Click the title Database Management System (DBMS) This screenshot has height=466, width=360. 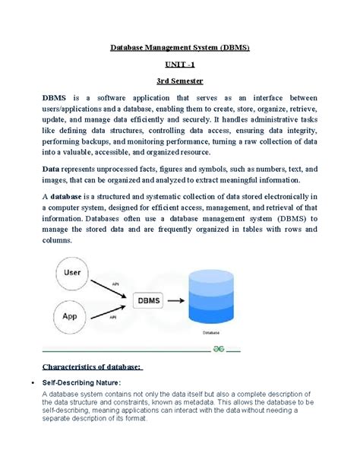click(180, 47)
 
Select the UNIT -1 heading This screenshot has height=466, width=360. click(180, 68)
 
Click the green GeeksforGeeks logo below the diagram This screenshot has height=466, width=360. click(217, 344)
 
